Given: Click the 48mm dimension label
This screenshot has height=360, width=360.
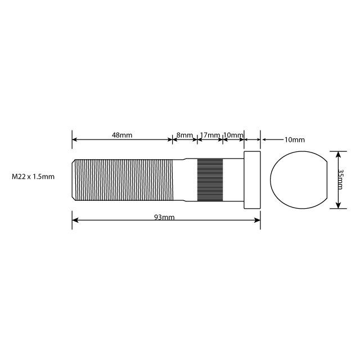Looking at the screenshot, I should (x=122, y=136).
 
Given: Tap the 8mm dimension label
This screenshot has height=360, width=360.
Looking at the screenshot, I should (x=184, y=136).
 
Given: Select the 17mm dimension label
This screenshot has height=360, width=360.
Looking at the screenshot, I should (x=210, y=136).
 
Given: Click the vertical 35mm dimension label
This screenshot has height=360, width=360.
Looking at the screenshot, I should (x=341, y=179).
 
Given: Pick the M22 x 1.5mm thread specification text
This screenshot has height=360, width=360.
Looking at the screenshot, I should (x=33, y=177).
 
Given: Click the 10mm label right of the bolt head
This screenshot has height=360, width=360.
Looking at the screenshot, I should (x=294, y=139).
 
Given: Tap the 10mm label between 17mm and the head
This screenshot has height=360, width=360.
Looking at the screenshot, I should (x=233, y=136).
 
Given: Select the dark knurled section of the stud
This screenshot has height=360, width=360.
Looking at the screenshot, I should (x=210, y=180).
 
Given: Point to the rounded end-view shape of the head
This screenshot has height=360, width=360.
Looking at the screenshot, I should (x=299, y=180).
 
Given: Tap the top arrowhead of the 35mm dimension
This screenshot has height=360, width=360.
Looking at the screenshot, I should (x=337, y=154).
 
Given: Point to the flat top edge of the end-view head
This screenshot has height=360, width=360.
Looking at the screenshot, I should (x=299, y=152).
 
